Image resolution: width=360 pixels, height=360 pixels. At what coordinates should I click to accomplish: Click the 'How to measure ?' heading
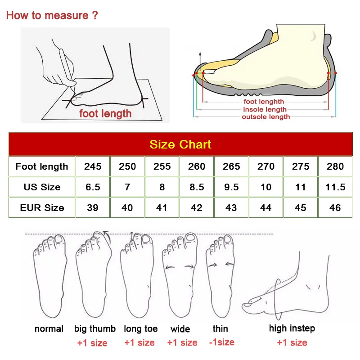point(52,15)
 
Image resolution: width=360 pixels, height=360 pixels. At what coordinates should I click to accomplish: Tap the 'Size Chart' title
point(180,144)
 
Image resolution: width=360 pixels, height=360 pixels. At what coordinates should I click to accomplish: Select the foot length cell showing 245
point(93,166)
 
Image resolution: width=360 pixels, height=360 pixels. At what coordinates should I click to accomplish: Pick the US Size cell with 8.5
point(197,187)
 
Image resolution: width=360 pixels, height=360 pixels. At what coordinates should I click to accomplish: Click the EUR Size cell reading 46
point(335,208)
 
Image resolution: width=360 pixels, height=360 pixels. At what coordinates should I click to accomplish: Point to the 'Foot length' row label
point(42,166)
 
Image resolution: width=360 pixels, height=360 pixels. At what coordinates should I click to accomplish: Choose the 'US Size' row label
point(42,187)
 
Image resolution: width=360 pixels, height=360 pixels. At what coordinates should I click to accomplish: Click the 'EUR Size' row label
point(42,208)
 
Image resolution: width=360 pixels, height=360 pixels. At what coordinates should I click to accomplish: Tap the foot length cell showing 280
point(335,166)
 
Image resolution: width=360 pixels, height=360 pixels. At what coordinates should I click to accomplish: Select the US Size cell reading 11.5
point(335,187)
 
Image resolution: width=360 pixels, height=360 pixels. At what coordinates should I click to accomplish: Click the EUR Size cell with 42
point(197,208)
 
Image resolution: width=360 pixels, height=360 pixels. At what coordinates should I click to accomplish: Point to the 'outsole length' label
point(266,117)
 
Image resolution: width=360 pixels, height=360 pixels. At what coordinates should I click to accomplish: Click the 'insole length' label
point(265,109)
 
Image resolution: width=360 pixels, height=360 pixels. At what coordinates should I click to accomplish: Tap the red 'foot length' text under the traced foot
point(105,114)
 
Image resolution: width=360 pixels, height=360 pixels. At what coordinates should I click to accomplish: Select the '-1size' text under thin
point(221,342)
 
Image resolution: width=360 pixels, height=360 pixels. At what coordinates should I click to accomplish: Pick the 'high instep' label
point(292,328)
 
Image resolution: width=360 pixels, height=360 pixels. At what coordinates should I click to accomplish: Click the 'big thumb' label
point(95,329)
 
